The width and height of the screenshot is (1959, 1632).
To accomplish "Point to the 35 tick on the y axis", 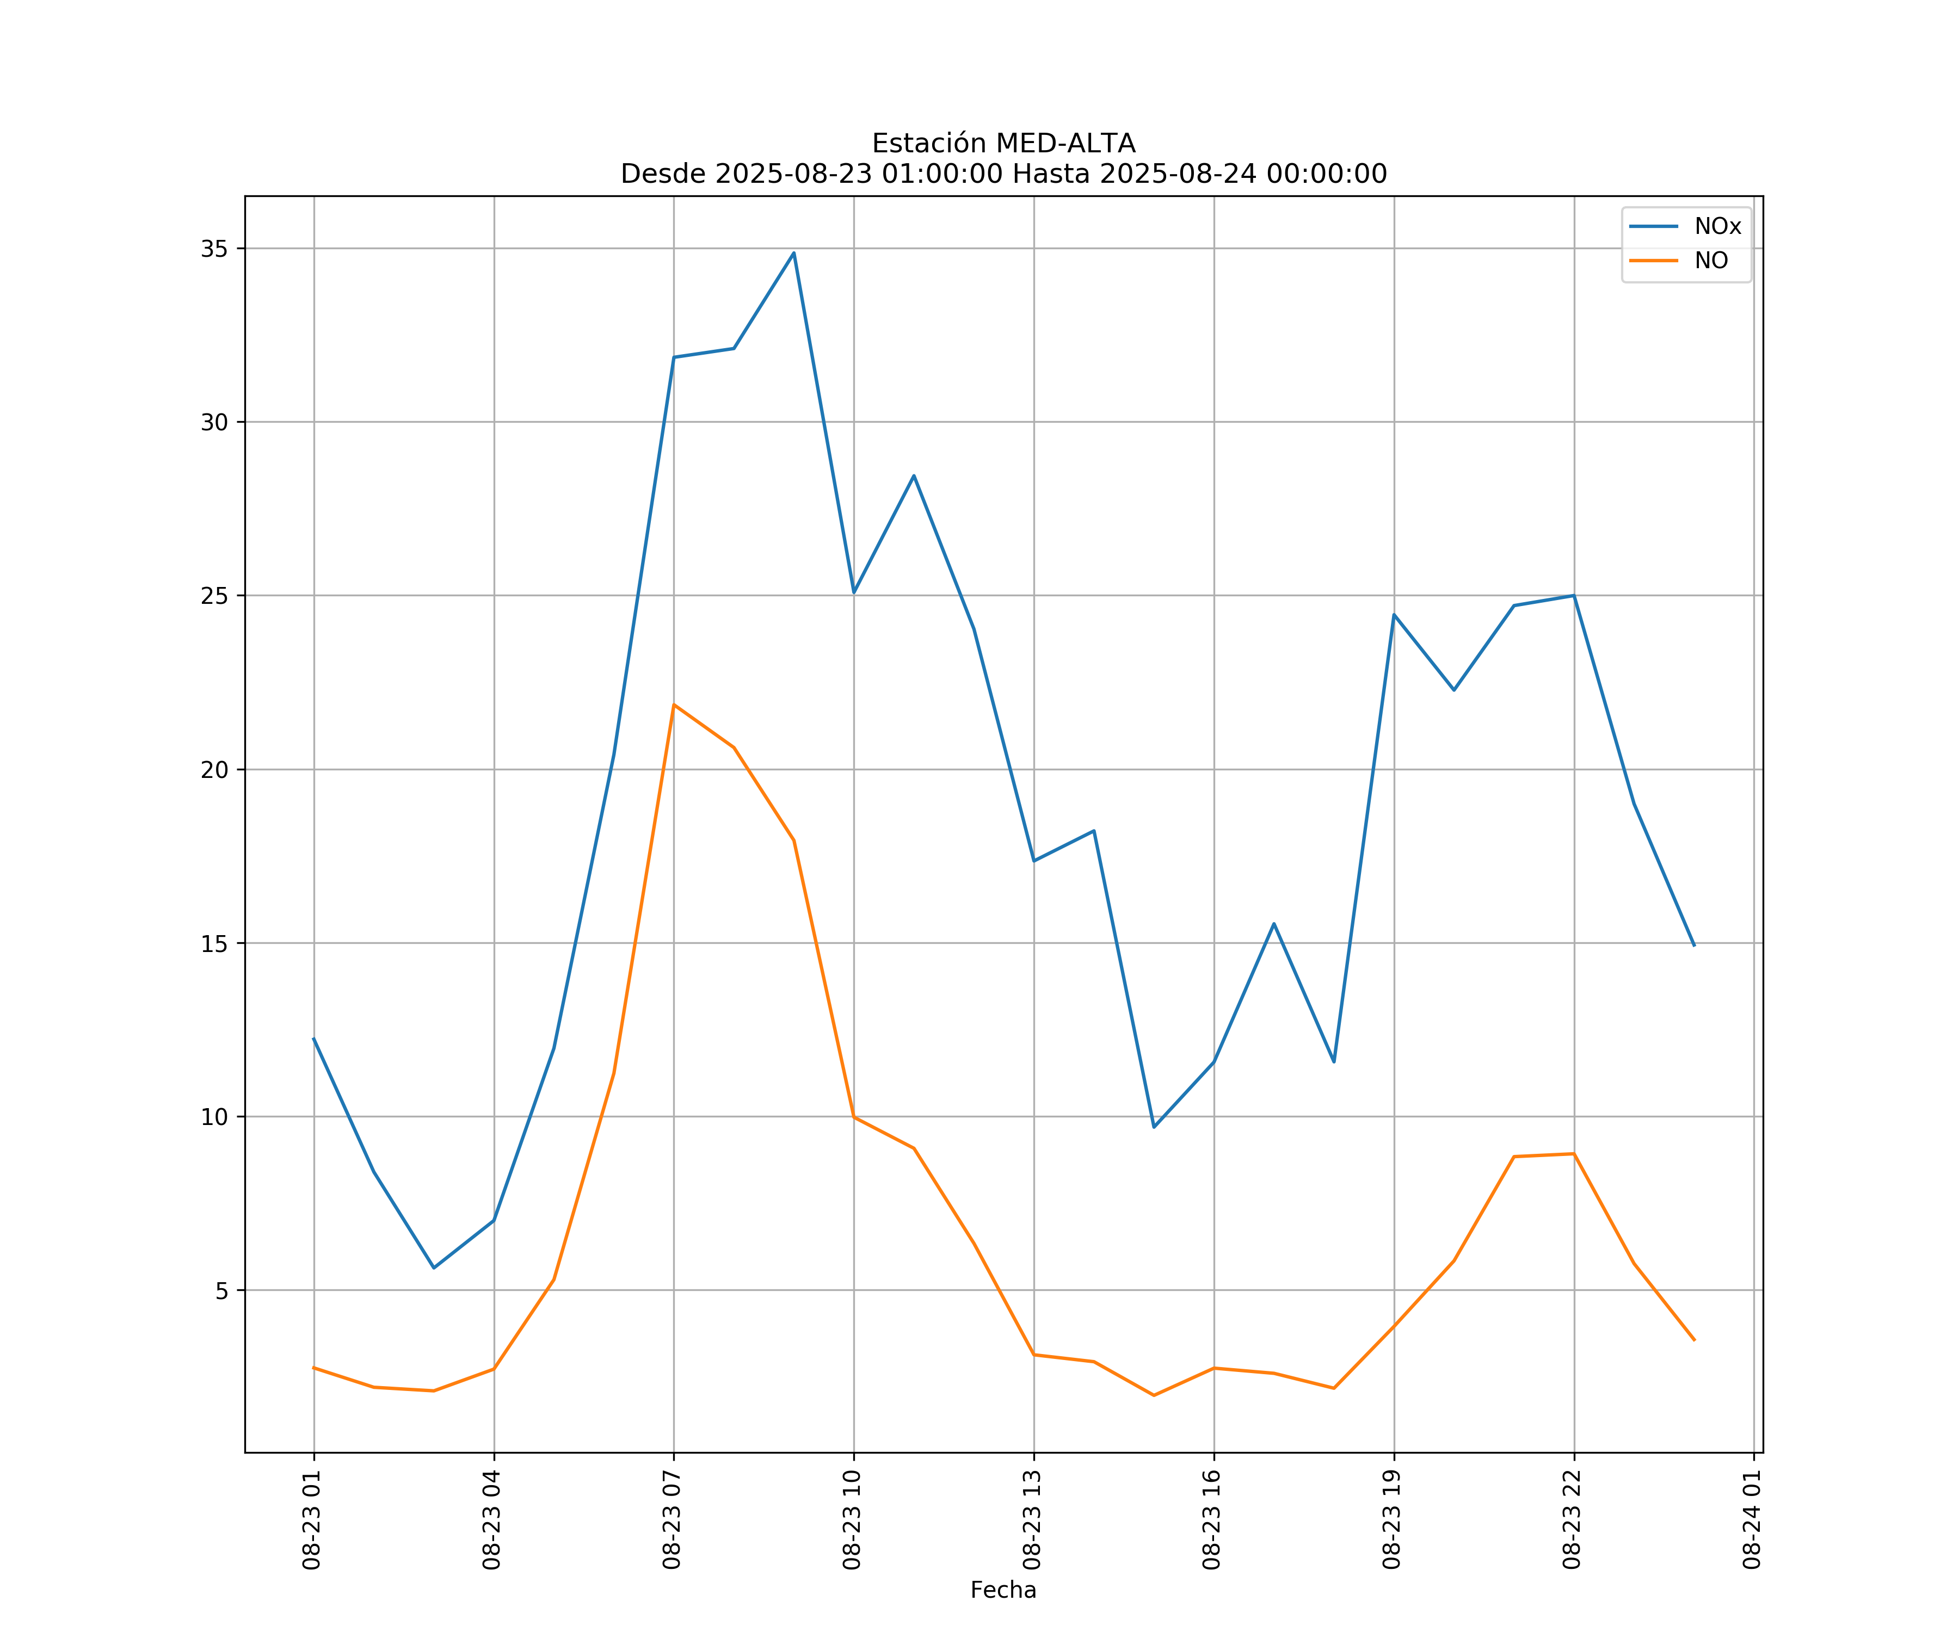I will [214, 249].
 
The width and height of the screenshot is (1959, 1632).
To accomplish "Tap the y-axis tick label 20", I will [214, 770].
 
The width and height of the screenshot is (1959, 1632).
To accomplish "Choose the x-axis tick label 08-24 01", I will [1752, 1519].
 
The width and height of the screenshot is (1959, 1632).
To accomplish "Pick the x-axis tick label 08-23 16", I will [1212, 1519].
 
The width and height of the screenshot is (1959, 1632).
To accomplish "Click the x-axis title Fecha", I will [1003, 1590].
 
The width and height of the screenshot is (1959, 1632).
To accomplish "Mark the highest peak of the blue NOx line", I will [794, 253].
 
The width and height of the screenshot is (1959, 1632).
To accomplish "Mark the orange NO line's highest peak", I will [674, 705].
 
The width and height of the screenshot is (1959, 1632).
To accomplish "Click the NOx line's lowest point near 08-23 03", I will [434, 1268].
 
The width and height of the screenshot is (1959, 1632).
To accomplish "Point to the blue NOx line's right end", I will [1694, 945].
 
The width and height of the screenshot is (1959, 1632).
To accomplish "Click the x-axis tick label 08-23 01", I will [312, 1519].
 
